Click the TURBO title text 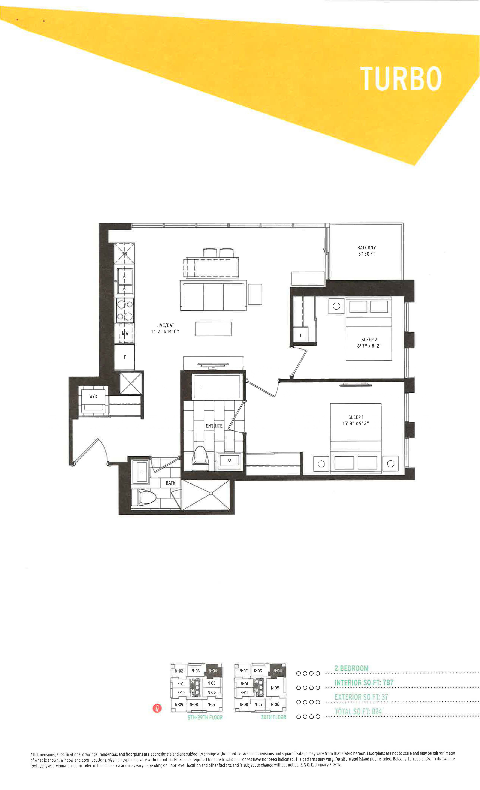tap(401, 79)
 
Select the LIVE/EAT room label tap(165, 328)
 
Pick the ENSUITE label tap(214, 426)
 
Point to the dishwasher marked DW tap(124, 254)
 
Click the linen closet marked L tap(301, 335)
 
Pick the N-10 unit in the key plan tap(181, 693)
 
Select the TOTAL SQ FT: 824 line tap(358, 711)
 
